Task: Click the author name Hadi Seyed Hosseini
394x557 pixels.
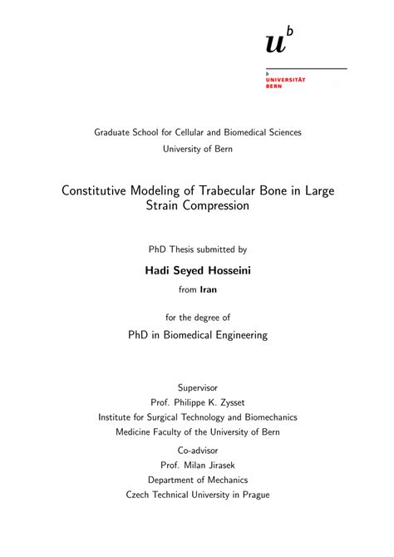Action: tap(197, 270)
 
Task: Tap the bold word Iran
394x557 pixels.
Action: tap(209, 290)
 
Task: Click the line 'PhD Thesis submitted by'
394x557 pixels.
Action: tap(197, 249)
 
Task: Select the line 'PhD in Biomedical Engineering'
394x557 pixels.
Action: tap(197, 335)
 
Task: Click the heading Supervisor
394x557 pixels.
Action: tap(197, 387)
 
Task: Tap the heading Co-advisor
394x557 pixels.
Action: tap(197, 450)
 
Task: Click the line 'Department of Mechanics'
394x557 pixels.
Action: tap(197, 480)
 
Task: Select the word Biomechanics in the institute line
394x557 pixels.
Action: tap(268, 417)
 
